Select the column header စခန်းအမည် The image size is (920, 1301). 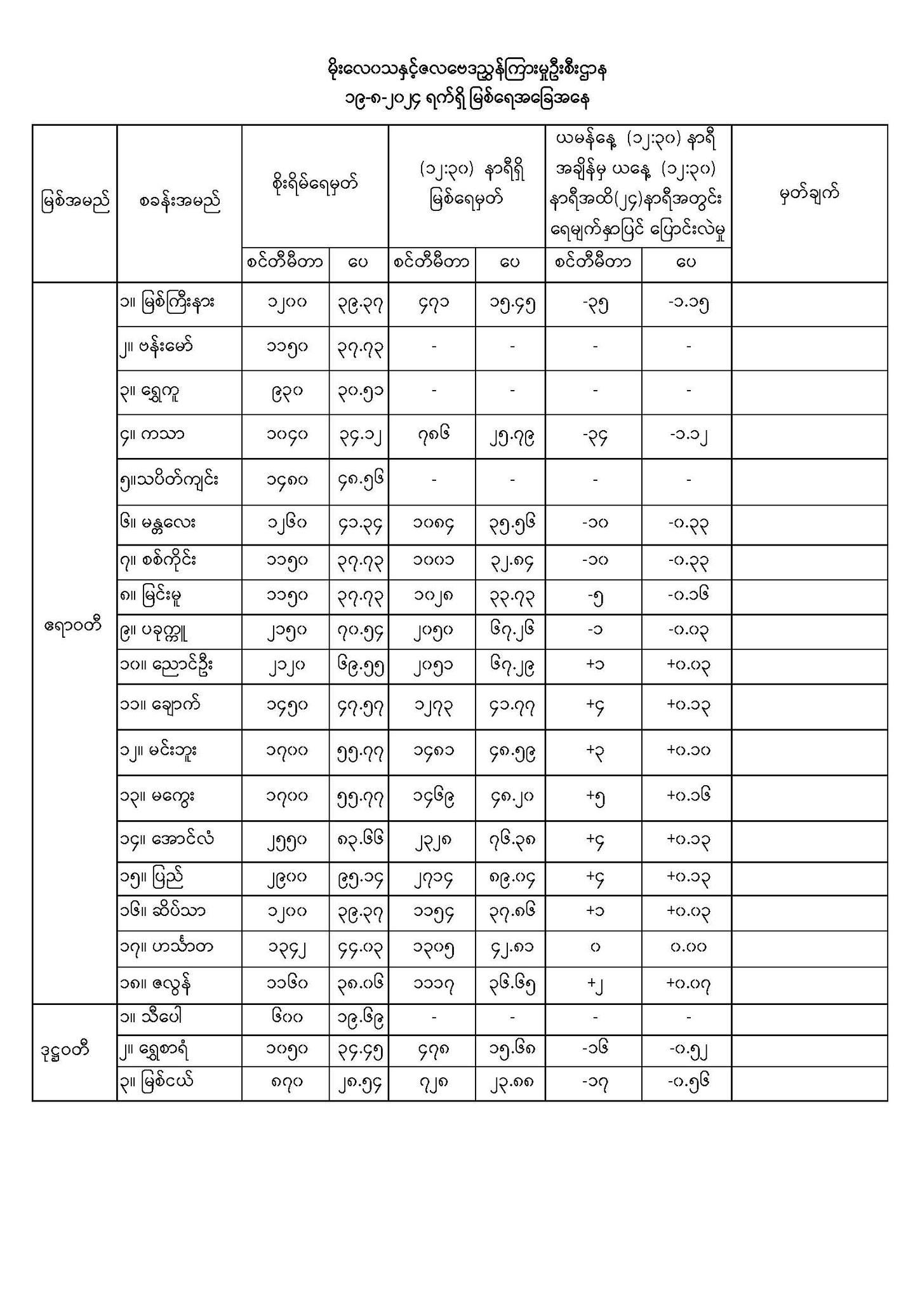[180, 202]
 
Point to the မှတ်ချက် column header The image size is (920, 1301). [809, 193]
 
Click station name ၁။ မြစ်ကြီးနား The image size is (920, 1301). [166, 302]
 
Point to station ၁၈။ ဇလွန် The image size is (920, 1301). [156, 984]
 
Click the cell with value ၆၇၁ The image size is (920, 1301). [432, 304]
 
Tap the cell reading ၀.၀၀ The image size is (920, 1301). [688, 948]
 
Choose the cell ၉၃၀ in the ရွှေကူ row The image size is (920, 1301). [286, 391]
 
